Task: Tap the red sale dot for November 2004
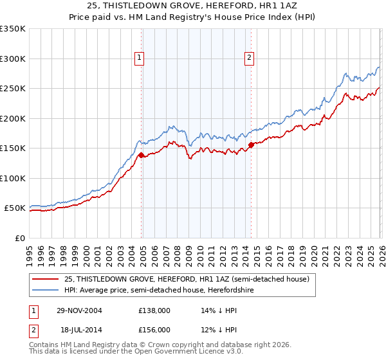(141, 155)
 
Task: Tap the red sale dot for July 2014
(251, 145)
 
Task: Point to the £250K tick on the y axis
(12, 89)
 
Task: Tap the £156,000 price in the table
(154, 329)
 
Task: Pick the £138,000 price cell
(154, 310)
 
